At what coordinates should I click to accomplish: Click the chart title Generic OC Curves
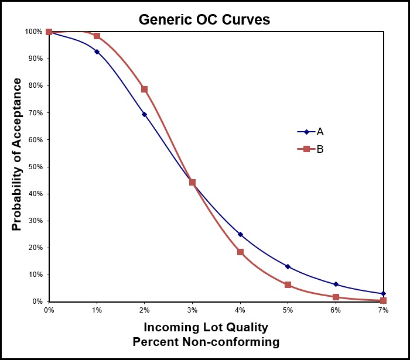[x=204, y=19]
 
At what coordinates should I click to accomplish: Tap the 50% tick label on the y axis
[x=36, y=167]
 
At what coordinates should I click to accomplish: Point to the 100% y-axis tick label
[x=34, y=32]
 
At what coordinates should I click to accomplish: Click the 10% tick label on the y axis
[x=36, y=275]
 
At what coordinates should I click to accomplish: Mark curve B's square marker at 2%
[x=145, y=90]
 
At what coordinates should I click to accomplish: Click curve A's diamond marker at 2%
[x=145, y=114]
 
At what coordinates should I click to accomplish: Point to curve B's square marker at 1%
[x=97, y=36]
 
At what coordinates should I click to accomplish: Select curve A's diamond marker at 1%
[x=97, y=52]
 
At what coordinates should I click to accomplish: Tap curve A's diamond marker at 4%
[x=240, y=234]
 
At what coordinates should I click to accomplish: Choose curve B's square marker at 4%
[x=240, y=252]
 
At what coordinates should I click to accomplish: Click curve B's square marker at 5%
[x=288, y=284]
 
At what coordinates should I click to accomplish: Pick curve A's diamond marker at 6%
[x=336, y=284]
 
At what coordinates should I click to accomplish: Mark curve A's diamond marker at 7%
[x=383, y=293]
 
